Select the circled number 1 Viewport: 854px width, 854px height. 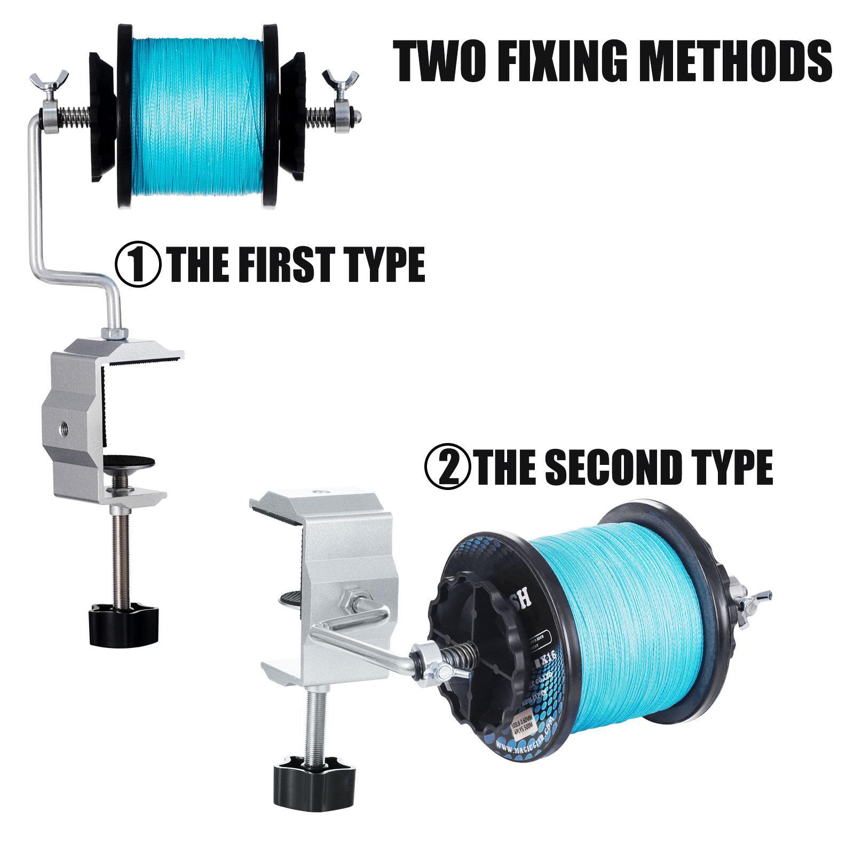138,263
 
